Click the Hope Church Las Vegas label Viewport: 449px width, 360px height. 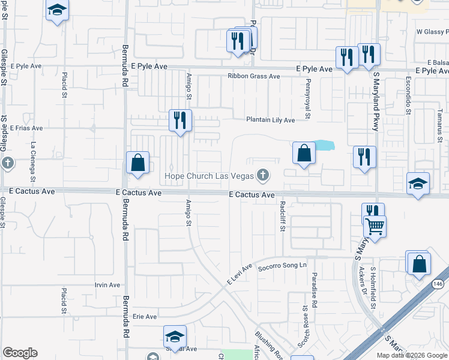coord(209,176)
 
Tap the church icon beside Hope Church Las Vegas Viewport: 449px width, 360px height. coord(262,176)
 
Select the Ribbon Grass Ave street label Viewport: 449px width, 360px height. coord(253,76)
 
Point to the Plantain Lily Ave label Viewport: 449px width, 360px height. coord(271,120)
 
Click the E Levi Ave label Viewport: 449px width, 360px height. coord(240,274)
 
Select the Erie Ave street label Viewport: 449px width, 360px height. coord(144,316)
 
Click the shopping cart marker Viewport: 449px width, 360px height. coord(375,227)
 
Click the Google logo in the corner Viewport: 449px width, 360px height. coord(20,353)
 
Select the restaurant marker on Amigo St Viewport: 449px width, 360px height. coord(180,121)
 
